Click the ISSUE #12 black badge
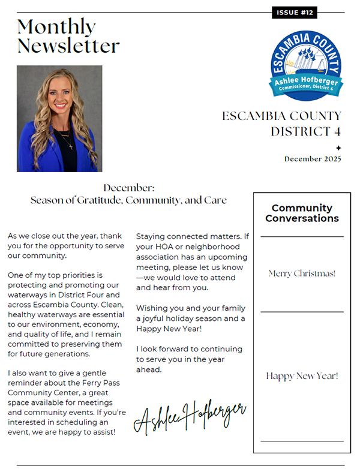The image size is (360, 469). (x=294, y=13)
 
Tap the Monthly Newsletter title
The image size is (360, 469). (x=68, y=35)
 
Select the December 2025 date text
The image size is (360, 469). (x=313, y=159)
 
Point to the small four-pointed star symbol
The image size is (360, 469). (x=338, y=148)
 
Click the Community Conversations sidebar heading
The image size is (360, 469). (x=302, y=213)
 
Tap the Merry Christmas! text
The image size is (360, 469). (x=302, y=273)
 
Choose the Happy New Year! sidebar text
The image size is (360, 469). (x=302, y=376)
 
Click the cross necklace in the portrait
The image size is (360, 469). (x=70, y=145)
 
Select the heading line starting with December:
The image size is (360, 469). (x=128, y=188)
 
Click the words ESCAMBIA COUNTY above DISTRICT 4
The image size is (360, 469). (x=281, y=116)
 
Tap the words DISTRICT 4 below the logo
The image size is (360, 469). (x=305, y=131)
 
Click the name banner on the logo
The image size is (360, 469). (x=306, y=83)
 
